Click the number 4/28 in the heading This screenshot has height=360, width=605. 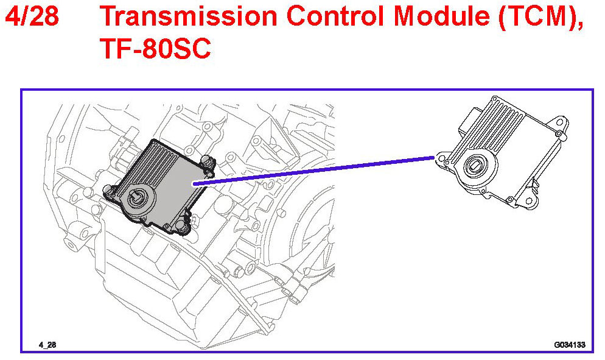[x=32, y=18]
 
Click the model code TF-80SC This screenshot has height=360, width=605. [x=156, y=49]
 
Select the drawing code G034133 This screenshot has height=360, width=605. [x=569, y=345]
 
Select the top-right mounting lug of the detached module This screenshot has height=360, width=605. [x=559, y=128]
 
